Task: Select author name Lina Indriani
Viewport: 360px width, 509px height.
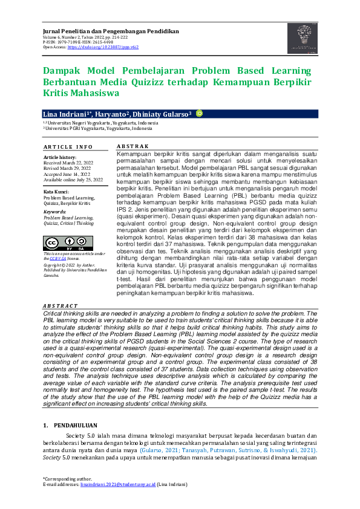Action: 65,114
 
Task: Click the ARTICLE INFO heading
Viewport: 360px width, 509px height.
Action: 68,147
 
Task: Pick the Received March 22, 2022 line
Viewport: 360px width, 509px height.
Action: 68,163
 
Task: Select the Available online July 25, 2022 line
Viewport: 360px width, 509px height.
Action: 73,180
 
